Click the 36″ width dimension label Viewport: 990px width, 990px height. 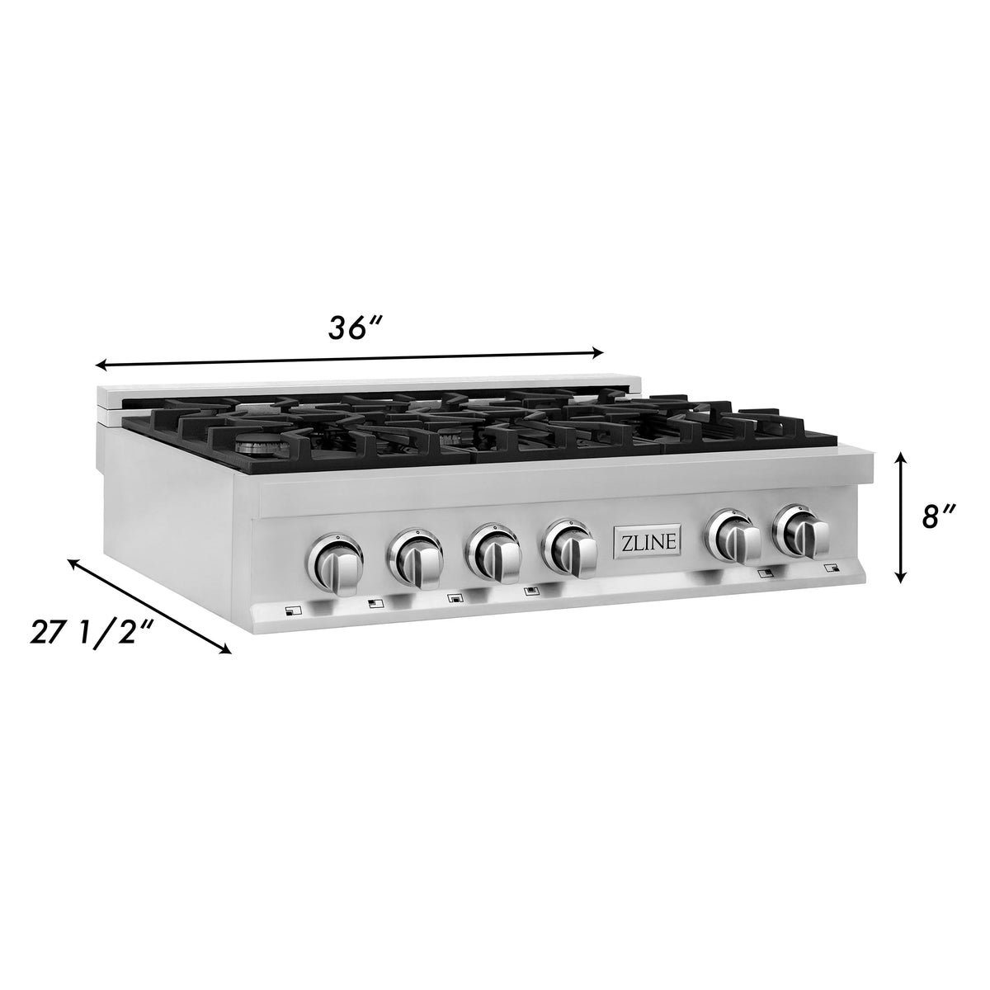tap(356, 328)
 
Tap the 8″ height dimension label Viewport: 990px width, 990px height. tap(939, 519)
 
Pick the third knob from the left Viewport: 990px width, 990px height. tap(493, 549)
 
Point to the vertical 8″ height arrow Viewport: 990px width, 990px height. tap(902, 517)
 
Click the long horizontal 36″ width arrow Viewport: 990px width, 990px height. tap(351, 359)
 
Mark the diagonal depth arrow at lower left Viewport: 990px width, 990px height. tap(148, 606)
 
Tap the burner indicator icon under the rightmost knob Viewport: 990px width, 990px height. tap(831, 568)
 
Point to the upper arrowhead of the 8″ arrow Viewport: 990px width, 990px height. tap(902, 456)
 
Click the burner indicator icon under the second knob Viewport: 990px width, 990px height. tap(374, 603)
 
